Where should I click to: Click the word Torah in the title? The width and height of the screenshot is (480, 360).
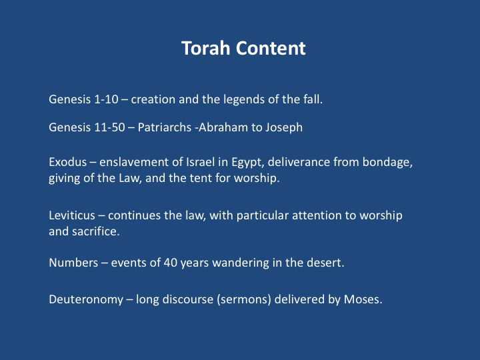point(205,48)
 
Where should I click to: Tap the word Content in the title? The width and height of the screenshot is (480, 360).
point(271,48)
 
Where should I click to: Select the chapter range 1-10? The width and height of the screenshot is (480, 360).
point(106,99)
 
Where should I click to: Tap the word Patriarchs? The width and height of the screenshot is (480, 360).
point(165,127)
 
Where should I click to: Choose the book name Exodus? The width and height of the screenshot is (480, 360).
point(67,162)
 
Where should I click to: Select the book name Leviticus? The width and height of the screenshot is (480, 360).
point(72,215)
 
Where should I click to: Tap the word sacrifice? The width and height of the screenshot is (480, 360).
point(96,231)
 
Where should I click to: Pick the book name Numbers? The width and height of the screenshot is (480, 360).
point(73,263)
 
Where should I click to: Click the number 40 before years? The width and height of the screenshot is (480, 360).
point(171,263)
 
